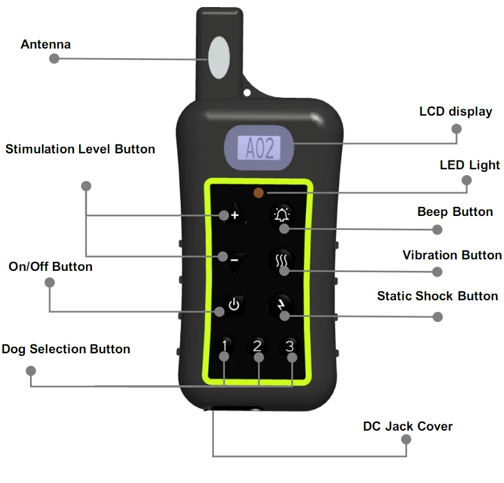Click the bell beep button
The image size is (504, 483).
point(282,215)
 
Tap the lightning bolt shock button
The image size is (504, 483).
point(280,305)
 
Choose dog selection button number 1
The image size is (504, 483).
point(224,346)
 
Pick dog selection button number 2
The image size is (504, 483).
point(257,346)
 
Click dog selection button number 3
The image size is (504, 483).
point(290,346)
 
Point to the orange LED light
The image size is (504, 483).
point(259,192)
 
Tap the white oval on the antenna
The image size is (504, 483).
point(217,56)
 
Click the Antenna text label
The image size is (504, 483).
point(45,44)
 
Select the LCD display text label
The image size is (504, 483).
point(455,112)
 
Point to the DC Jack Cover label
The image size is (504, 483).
point(408,426)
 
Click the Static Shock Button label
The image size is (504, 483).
point(437,296)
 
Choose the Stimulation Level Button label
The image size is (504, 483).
point(80,149)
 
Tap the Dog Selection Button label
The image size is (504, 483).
point(66,349)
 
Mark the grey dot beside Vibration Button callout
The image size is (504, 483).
point(438,272)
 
